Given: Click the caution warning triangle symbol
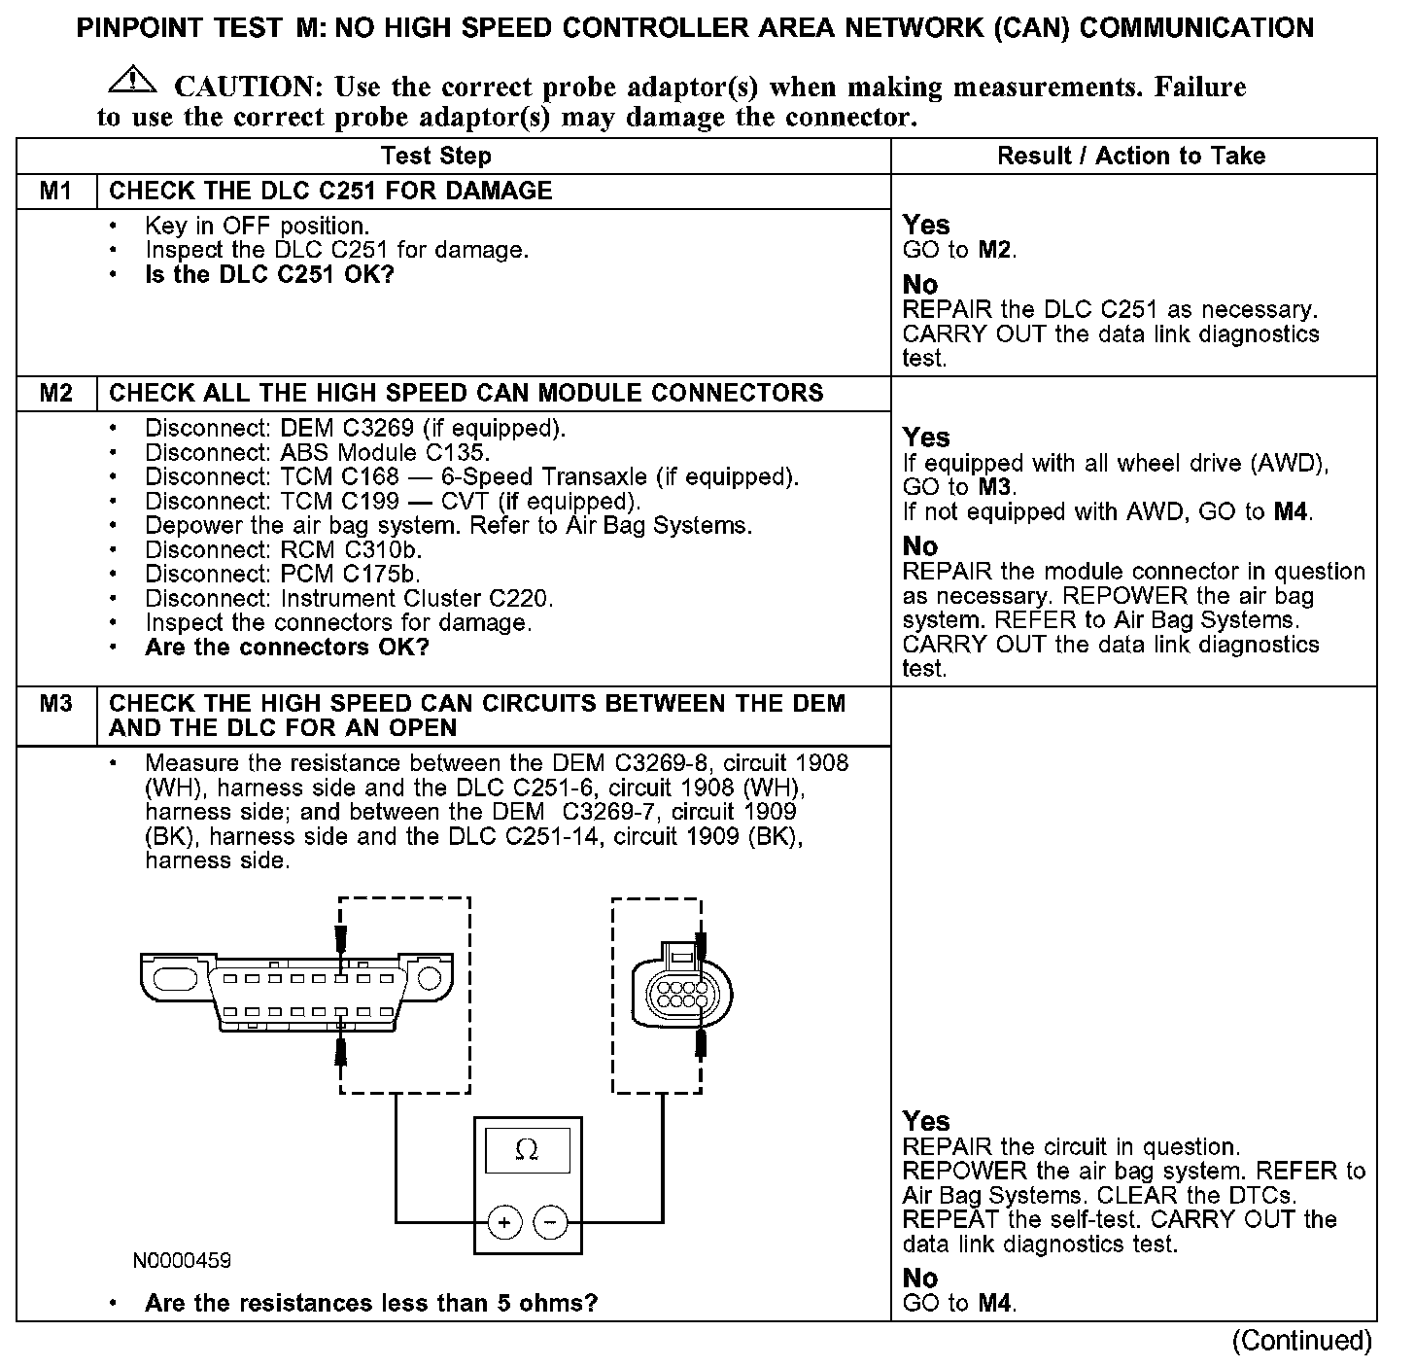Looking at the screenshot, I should (x=133, y=83).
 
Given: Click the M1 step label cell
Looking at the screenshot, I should (x=56, y=191).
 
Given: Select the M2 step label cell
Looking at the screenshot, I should (x=56, y=393).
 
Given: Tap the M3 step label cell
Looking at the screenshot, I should (x=56, y=704).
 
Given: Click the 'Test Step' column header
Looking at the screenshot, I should (x=436, y=156).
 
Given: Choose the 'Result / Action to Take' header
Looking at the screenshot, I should (x=1131, y=156).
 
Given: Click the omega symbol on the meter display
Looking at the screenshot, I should (x=527, y=1150).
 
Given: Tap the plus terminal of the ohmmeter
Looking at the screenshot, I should (x=504, y=1221).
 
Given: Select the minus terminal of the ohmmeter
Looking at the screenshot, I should (x=551, y=1221).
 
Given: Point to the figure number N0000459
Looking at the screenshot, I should (x=183, y=1261).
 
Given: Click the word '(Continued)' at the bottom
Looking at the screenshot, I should (x=1301, y=1341).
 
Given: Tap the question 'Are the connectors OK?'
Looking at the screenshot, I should (x=287, y=648).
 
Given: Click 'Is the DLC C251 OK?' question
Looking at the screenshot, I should (x=269, y=275).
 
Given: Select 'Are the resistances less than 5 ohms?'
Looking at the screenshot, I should (x=370, y=1303).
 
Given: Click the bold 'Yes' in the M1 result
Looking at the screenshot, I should (x=925, y=225).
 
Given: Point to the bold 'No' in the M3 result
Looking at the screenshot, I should (x=919, y=1279).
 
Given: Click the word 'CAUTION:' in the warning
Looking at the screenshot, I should (x=248, y=88).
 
